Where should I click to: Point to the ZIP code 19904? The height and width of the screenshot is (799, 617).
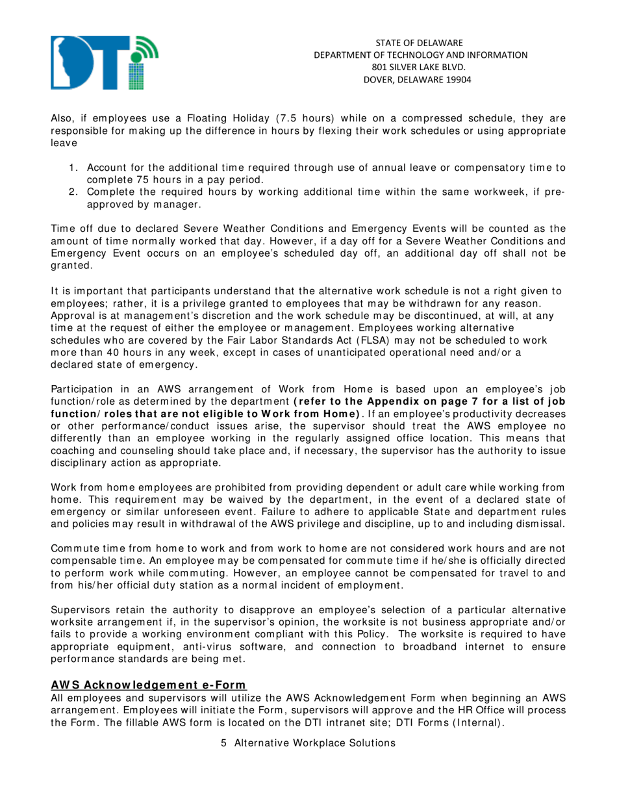point(458,79)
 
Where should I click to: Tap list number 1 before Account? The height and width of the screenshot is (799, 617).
point(73,168)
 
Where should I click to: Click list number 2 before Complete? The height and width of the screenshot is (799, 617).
point(73,192)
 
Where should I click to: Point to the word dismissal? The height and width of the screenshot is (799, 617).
point(541,523)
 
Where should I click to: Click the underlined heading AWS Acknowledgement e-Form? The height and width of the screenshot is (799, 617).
point(149,684)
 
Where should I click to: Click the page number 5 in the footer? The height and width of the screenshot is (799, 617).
point(224,743)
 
